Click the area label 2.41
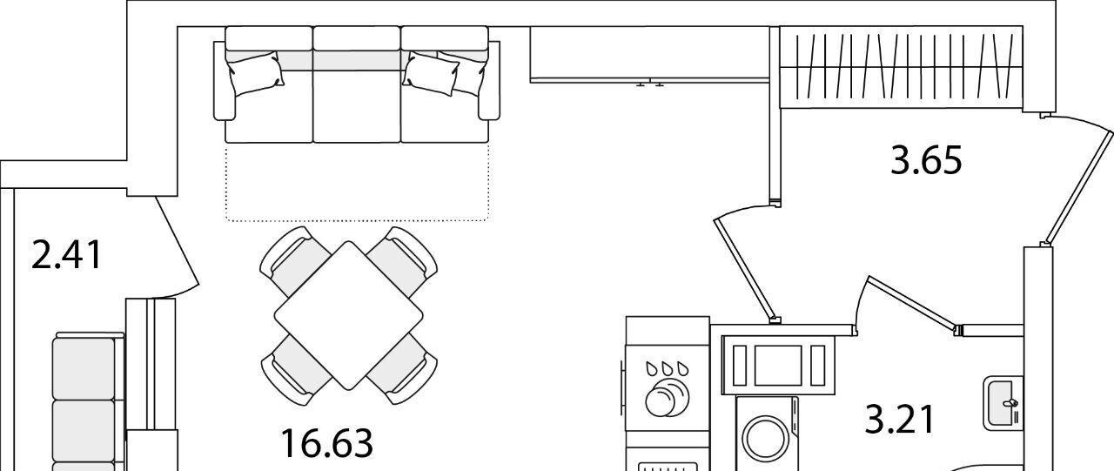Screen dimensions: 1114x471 67,255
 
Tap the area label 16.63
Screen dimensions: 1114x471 326,444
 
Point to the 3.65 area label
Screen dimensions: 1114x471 926,160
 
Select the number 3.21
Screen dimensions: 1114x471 900,420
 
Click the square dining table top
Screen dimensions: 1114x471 349,315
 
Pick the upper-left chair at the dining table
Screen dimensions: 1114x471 295,261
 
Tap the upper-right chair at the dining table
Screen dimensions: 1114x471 402,261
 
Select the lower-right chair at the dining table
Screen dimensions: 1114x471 402,369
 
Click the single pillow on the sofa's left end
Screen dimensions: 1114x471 256,74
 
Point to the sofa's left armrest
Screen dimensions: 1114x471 224,81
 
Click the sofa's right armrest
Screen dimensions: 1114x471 489,81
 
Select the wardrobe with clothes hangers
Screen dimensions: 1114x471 901,67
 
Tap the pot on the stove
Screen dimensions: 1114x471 668,397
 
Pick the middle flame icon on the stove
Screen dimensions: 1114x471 668,368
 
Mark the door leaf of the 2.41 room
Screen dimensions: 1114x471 178,240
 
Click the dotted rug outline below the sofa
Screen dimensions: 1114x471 358,182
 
